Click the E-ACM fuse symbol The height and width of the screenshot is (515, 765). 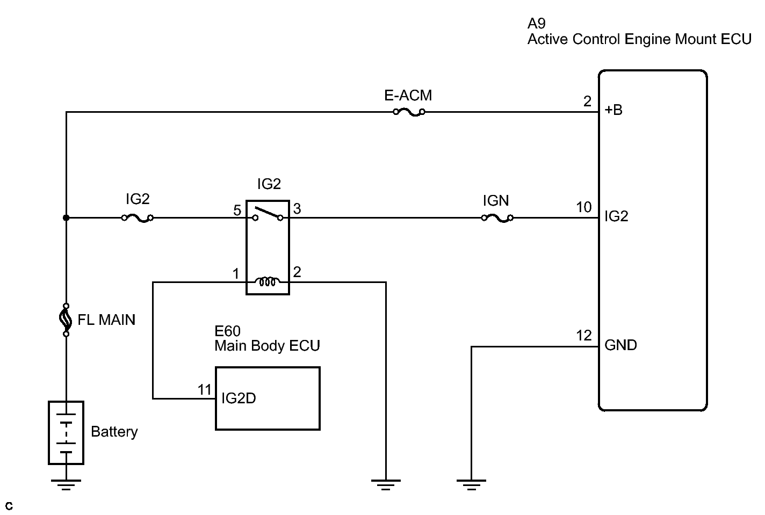pos(409,112)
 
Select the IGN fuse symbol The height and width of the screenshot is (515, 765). pos(497,218)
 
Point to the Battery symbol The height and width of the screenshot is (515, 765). pos(66,432)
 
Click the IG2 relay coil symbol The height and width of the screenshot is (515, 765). pos(268,281)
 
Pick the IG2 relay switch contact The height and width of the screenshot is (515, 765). pos(268,214)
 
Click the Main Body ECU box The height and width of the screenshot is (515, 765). pos(268,398)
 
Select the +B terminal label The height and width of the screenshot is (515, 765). pos(614,110)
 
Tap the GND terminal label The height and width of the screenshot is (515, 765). pos(620,345)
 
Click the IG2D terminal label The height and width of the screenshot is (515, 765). pos(239,398)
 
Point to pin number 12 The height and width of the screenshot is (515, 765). pos(583,336)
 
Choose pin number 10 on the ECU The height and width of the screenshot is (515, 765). pos(583,207)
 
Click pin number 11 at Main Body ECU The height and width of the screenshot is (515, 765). pos(204,389)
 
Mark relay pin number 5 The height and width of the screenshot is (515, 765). pos(237,210)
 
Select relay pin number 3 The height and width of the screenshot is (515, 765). pos(297,208)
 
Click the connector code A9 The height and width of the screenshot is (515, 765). pos(537,24)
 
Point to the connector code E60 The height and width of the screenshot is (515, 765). pos(227,331)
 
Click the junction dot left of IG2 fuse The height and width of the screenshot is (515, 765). pos(66,218)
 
